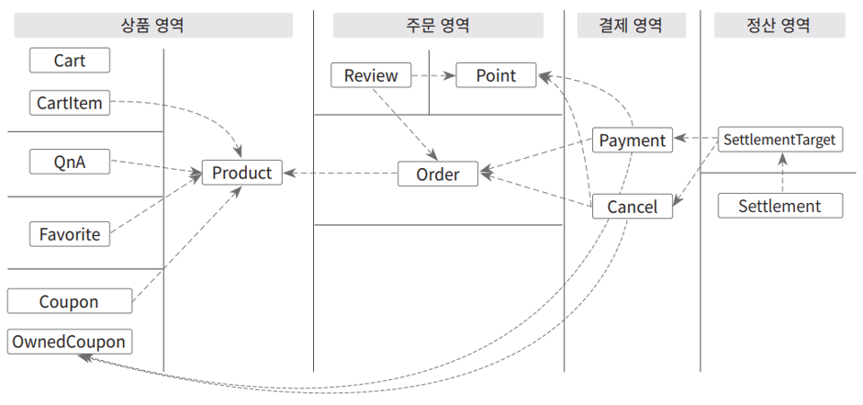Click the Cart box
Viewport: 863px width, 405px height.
[x=70, y=60]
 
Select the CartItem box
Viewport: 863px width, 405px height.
[x=70, y=103]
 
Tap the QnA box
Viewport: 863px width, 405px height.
[x=70, y=162]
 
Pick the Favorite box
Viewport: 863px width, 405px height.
[x=70, y=234]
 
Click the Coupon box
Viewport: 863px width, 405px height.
[x=70, y=301]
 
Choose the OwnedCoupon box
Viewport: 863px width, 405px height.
[x=70, y=342]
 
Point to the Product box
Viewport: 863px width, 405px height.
[x=242, y=173]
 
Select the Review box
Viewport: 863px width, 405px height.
[x=371, y=74]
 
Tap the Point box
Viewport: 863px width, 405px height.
[x=496, y=74]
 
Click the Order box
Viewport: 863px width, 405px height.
[x=438, y=174]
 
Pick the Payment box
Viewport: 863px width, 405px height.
[x=633, y=140]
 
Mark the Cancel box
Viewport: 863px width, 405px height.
[x=633, y=207]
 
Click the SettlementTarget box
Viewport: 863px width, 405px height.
[x=779, y=140]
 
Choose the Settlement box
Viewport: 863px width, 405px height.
[x=779, y=206]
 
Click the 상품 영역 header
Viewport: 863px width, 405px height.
[x=153, y=26]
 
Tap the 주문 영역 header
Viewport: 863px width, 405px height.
[x=438, y=26]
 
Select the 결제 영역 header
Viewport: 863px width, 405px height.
[x=632, y=26]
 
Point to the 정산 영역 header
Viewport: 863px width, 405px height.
[x=779, y=26]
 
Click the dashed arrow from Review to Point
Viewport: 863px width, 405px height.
[x=433, y=75]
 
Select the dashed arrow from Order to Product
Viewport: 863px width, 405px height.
[x=340, y=174]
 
